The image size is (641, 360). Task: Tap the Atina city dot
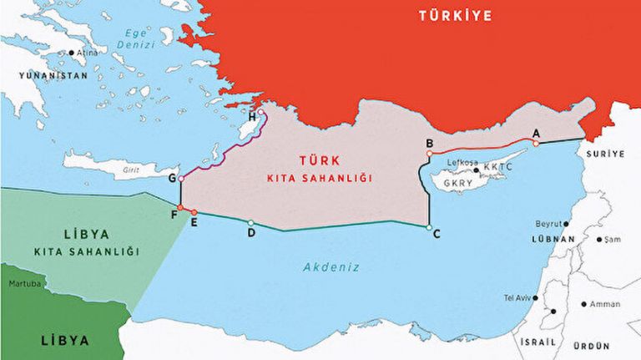click(x=72, y=53)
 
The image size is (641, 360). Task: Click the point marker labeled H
click(x=261, y=112)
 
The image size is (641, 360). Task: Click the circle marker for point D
click(x=250, y=222)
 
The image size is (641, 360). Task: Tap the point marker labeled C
click(x=428, y=226)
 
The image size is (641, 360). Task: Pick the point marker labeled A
click(x=536, y=143)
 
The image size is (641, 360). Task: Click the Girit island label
click(x=129, y=169)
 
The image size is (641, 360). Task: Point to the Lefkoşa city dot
click(x=476, y=170)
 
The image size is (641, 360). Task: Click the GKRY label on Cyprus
click(x=458, y=182)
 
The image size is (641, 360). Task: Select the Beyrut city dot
click(x=566, y=224)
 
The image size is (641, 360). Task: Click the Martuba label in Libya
click(x=24, y=284)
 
